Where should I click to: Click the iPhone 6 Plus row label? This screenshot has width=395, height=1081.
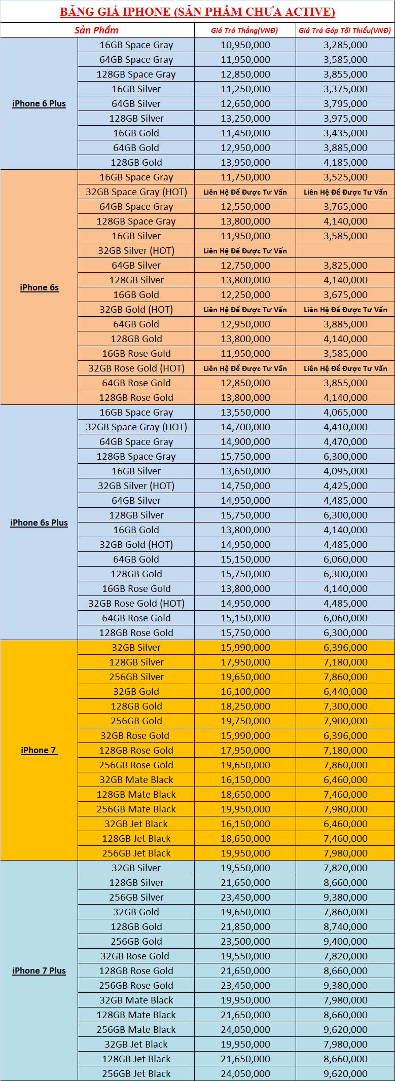pos(39,103)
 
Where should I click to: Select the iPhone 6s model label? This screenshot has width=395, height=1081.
pos(39,287)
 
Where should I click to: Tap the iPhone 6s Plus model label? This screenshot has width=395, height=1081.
pos(39,523)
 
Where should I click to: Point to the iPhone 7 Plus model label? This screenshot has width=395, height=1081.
pos(39,971)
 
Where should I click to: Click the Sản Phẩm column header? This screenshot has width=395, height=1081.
pos(96,30)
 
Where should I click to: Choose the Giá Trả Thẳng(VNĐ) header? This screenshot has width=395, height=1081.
pos(245,30)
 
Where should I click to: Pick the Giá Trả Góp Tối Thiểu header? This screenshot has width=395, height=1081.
pos(345,30)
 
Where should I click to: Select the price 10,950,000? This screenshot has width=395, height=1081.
pos(245,45)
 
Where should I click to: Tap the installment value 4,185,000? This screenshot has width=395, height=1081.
pos(345,163)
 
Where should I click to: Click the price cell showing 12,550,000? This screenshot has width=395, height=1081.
pos(245,207)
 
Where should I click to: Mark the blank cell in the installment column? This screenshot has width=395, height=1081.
pos(345,251)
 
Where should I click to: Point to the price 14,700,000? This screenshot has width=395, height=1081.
pos(245,427)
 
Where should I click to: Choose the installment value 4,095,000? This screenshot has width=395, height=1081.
pos(345,471)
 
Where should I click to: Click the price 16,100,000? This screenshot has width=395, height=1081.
pos(245,692)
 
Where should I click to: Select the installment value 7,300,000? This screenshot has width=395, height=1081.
pos(345,706)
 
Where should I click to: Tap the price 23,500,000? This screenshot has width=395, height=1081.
pos(245,942)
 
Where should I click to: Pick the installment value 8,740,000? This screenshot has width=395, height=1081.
pos(345,927)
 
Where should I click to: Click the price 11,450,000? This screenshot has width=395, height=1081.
pos(245,133)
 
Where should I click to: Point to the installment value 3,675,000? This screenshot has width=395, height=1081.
pos(345,295)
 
